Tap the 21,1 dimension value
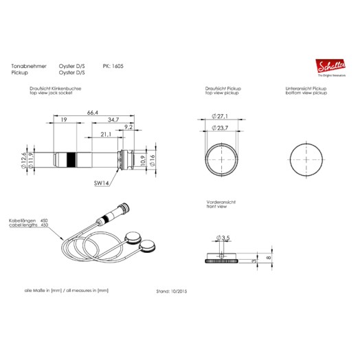point(105,134)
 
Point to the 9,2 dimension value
point(129,127)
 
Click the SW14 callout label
point(102,183)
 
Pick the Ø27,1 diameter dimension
point(223,117)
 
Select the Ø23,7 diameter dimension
point(223,128)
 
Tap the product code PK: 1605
point(112,65)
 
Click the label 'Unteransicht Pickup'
point(306,89)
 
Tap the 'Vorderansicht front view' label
point(222,205)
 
